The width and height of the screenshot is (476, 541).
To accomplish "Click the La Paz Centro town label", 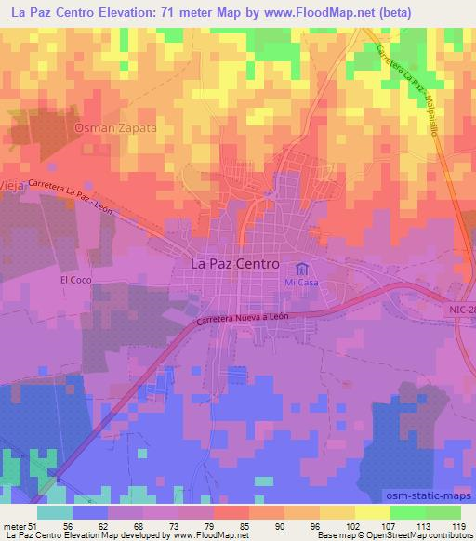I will pyautogui.click(x=233, y=264).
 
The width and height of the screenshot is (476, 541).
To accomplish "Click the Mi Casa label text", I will pyautogui.click(x=301, y=282).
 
